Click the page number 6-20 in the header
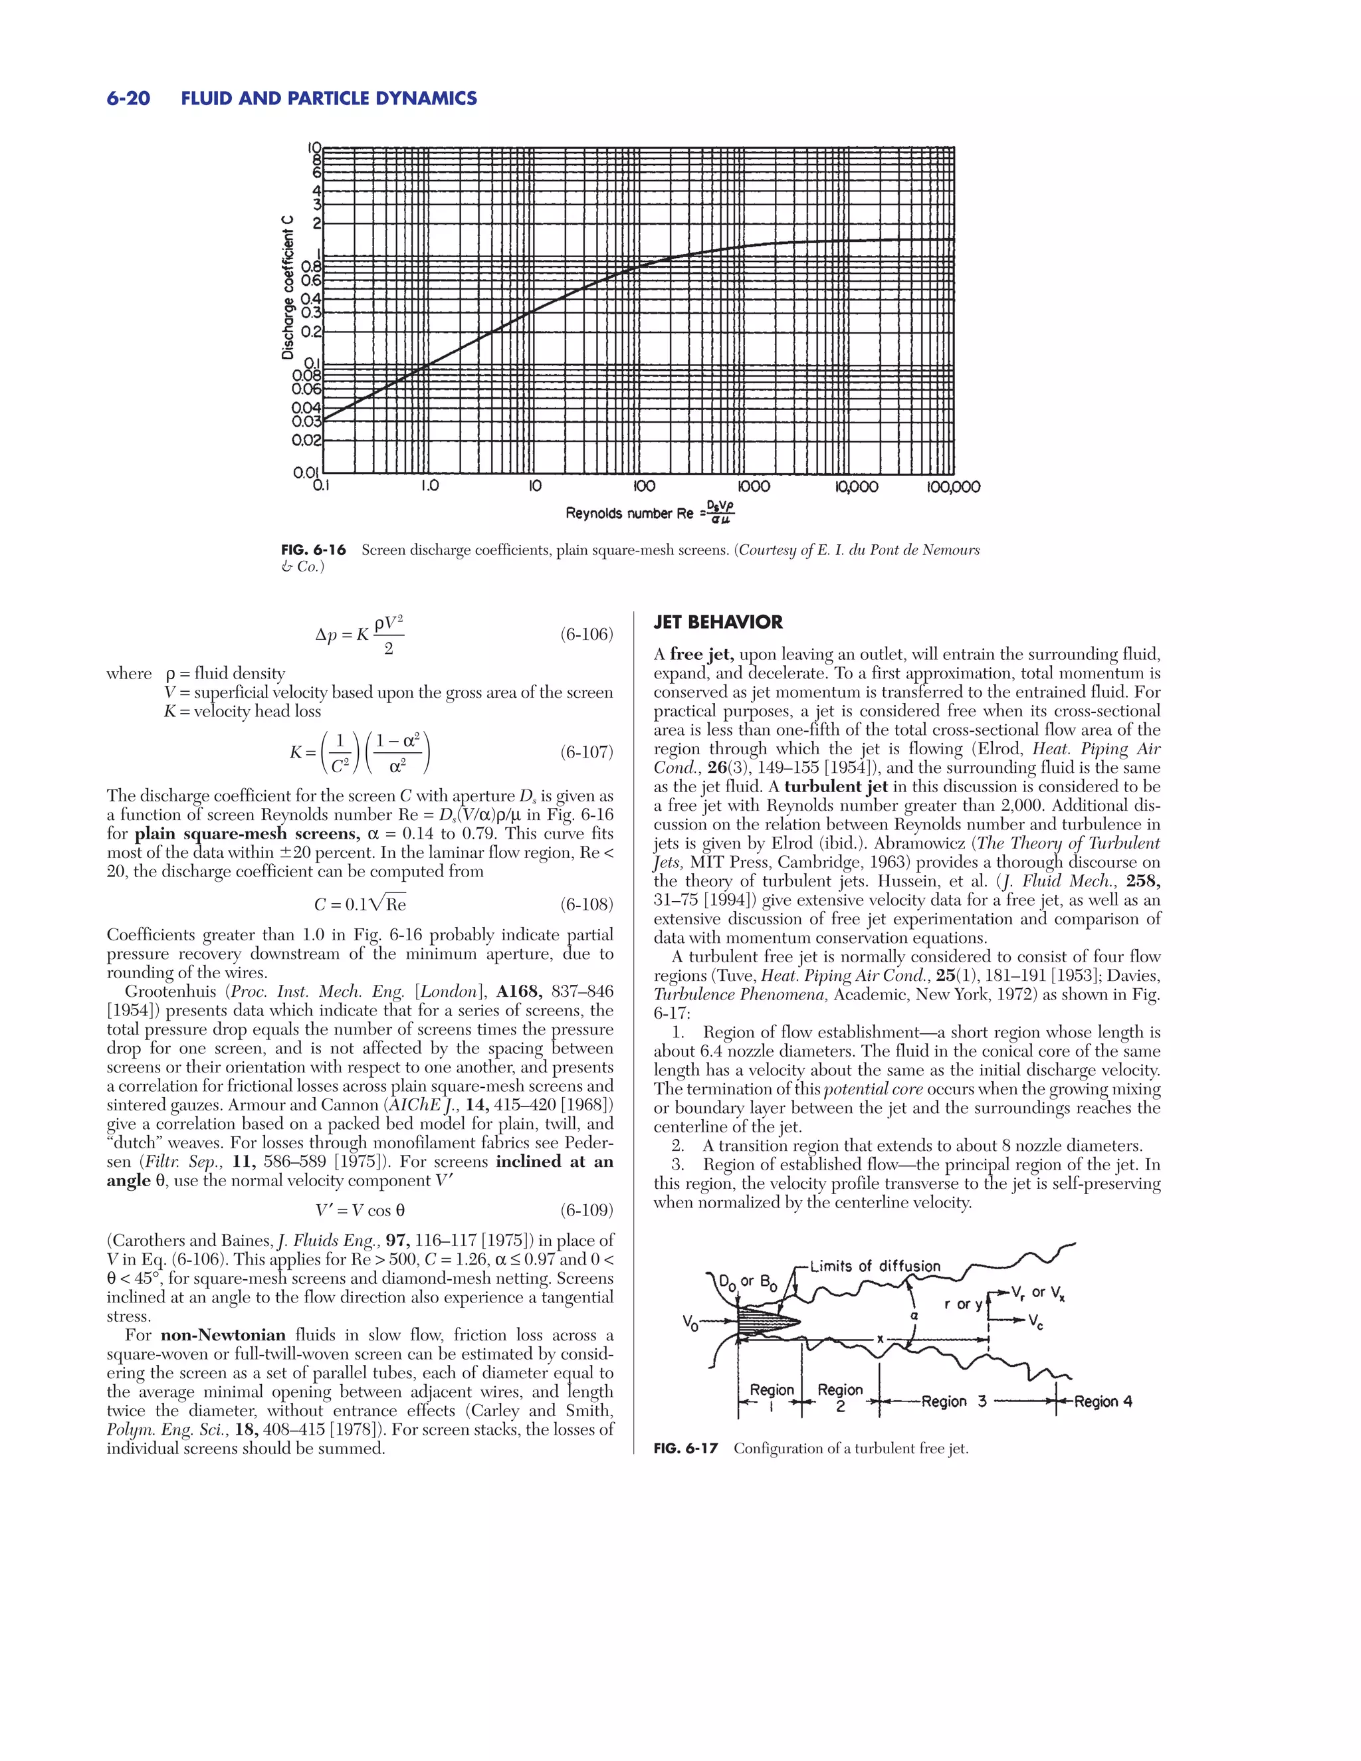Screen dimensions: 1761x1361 [128, 98]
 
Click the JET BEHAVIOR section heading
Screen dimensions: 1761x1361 [718, 622]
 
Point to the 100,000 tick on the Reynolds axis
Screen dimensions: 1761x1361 [952, 487]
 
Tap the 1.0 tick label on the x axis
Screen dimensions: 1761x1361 [430, 486]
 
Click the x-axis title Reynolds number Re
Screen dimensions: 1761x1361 [619, 514]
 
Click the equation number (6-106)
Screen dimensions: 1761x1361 [586, 635]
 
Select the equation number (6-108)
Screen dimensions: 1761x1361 [586, 904]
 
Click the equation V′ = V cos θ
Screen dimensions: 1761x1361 [360, 1210]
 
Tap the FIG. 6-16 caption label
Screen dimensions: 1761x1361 [313, 550]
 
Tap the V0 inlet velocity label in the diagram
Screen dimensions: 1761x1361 [690, 1322]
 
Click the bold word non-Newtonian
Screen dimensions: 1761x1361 [223, 1334]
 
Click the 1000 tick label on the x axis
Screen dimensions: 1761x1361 [754, 487]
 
